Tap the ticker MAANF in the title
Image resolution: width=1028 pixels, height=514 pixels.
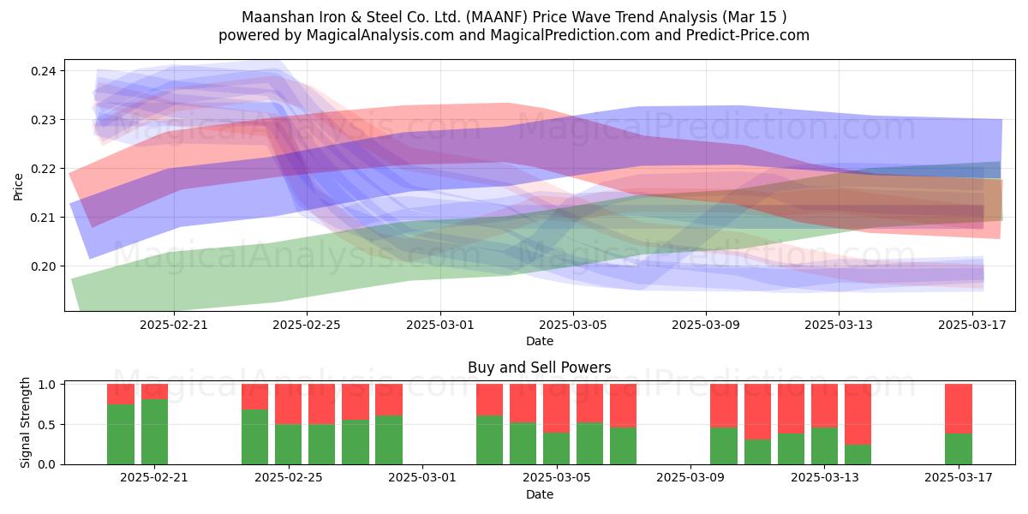497,17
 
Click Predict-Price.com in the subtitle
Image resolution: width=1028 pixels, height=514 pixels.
748,35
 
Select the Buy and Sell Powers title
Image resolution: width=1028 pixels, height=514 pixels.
539,368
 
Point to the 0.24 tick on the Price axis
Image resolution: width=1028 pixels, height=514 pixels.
44,71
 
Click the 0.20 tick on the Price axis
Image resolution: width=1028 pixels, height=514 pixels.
44,266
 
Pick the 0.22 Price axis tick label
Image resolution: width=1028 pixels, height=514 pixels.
44,169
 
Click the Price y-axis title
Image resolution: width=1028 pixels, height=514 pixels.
18,187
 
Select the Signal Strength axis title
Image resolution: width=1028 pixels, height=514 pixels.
25,422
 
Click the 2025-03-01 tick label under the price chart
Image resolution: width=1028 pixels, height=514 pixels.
439,325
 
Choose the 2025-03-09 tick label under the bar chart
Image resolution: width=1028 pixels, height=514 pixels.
690,477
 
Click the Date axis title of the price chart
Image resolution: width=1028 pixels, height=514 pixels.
539,341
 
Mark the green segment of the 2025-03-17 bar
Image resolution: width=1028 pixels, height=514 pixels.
959,449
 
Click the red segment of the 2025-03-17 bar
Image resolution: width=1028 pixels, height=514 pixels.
959,409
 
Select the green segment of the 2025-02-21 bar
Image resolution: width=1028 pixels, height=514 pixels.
154,432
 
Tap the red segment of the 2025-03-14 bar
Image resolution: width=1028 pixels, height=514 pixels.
858,415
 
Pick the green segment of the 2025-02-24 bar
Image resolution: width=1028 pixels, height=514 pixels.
254,437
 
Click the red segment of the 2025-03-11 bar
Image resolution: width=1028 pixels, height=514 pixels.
757,412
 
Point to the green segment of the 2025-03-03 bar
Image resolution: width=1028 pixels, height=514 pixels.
489,440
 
